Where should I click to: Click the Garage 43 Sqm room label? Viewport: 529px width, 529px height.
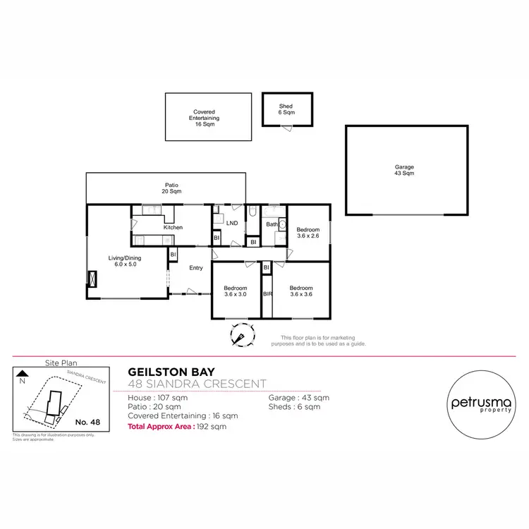click(x=404, y=170)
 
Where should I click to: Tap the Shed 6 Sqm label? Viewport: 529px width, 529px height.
click(x=286, y=109)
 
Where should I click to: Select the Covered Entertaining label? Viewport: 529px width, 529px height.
click(x=205, y=117)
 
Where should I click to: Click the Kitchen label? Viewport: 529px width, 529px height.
click(x=173, y=227)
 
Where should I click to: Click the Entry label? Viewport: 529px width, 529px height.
click(x=196, y=267)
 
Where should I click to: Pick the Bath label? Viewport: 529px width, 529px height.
click(x=271, y=225)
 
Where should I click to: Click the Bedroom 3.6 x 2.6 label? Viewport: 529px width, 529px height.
click(x=308, y=233)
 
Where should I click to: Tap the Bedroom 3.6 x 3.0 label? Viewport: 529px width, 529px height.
click(x=236, y=291)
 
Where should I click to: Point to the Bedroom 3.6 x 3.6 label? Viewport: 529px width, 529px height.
click(x=301, y=291)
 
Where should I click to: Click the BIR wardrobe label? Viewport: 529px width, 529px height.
click(x=267, y=292)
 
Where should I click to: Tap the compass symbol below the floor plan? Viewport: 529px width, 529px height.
click(x=241, y=334)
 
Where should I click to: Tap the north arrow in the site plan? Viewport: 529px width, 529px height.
click(x=22, y=374)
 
